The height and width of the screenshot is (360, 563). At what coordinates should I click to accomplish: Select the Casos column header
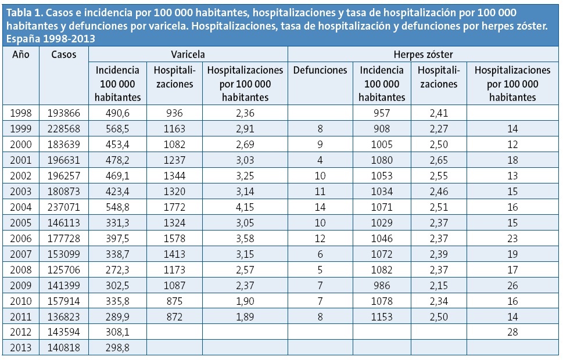pyautogui.click(x=63, y=54)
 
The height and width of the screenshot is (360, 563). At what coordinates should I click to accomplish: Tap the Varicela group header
pyautogui.click(x=188, y=54)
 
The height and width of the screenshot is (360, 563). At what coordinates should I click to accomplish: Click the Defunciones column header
pyautogui.click(x=320, y=70)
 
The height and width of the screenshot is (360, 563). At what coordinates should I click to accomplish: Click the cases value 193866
pyautogui.click(x=63, y=113)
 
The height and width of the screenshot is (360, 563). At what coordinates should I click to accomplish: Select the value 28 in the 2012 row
pyautogui.click(x=512, y=332)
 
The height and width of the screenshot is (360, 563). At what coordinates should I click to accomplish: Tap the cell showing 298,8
pyautogui.click(x=117, y=347)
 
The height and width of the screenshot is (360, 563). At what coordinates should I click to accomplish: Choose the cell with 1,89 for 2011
pyautogui.click(x=245, y=317)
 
